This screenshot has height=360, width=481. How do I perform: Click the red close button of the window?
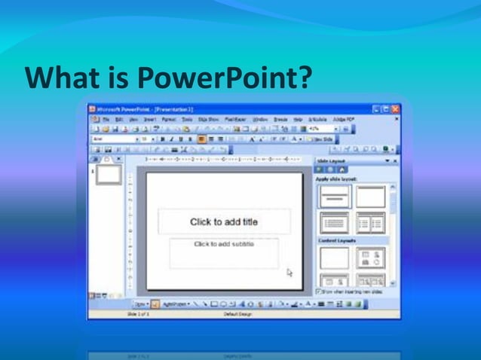point(396,109)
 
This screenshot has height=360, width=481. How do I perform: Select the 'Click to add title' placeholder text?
point(223,221)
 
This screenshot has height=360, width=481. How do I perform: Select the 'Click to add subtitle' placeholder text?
point(224,244)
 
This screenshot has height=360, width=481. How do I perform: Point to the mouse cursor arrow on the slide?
point(290,273)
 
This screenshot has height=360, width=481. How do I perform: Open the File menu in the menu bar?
point(108,119)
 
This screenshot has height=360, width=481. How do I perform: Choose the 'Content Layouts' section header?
point(337,240)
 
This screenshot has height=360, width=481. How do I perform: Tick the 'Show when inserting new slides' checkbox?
point(320,290)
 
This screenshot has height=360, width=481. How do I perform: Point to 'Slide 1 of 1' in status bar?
point(138,313)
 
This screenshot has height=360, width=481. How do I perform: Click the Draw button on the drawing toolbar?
point(141,304)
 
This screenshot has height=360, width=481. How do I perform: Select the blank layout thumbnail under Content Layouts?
point(334,258)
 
